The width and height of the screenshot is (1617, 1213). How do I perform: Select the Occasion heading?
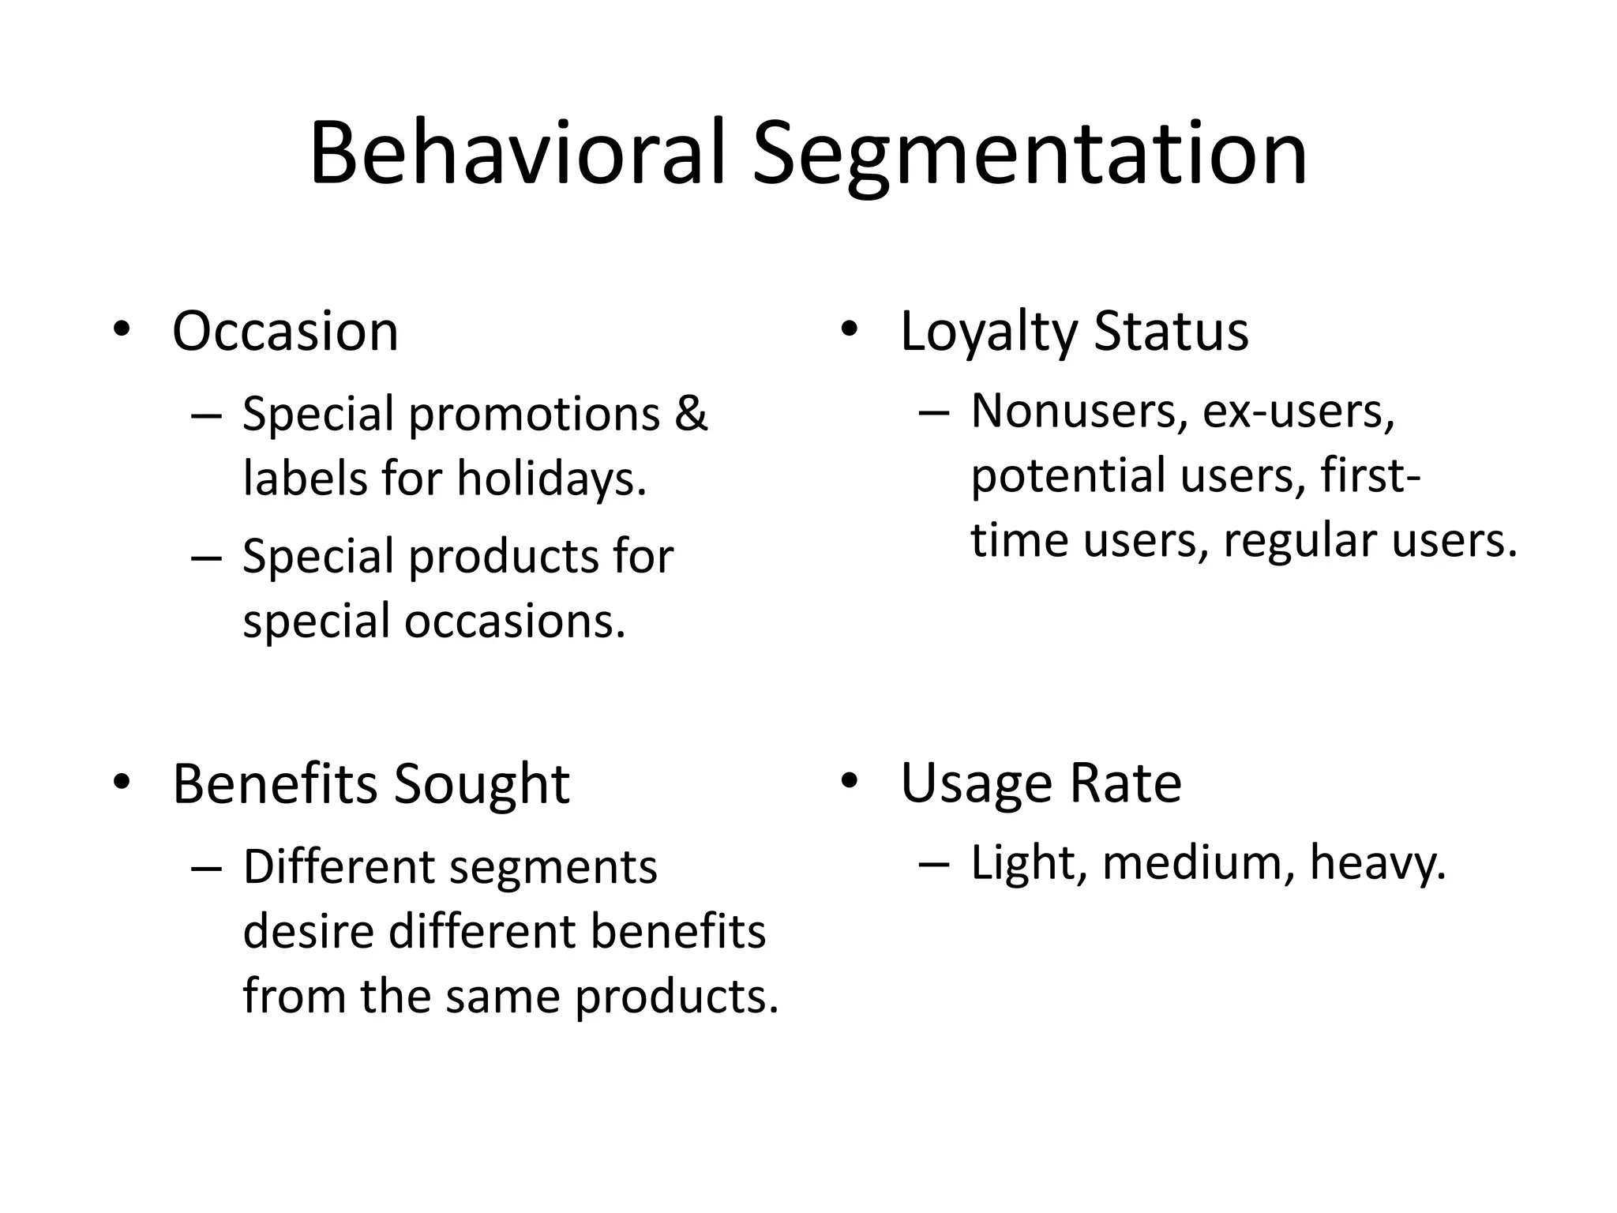(285, 331)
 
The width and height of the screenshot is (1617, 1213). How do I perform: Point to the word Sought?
(481, 786)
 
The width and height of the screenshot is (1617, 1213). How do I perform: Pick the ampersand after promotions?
(691, 414)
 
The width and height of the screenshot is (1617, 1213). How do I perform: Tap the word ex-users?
(1299, 412)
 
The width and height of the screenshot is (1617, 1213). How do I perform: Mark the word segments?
(553, 869)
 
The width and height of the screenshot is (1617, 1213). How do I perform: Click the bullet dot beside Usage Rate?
(849, 782)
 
